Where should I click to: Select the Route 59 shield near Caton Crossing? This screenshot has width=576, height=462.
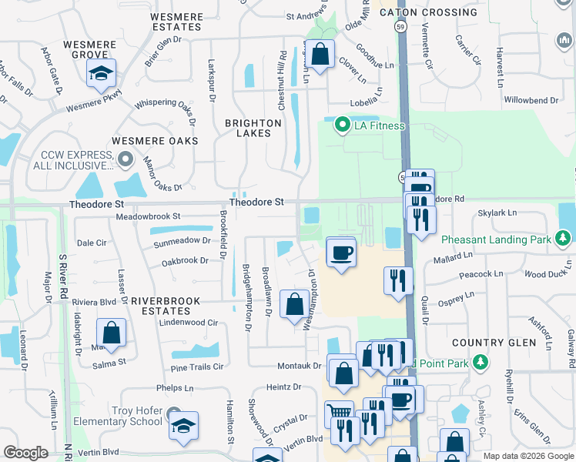[400, 26]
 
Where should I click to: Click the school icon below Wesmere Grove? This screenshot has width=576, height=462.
[101, 73]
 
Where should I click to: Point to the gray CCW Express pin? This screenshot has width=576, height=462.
[126, 160]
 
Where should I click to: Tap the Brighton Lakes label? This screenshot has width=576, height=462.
[253, 128]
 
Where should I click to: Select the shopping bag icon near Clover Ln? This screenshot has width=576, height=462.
[321, 54]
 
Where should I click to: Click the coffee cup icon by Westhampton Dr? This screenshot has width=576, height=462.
[341, 252]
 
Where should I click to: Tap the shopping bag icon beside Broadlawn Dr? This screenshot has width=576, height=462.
[294, 303]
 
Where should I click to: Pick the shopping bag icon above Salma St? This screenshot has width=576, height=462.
[112, 333]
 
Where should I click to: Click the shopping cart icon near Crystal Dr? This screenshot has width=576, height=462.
[338, 413]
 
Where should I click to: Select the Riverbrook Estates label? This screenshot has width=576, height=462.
[166, 306]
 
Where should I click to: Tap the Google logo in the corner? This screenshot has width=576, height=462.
[25, 453]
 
